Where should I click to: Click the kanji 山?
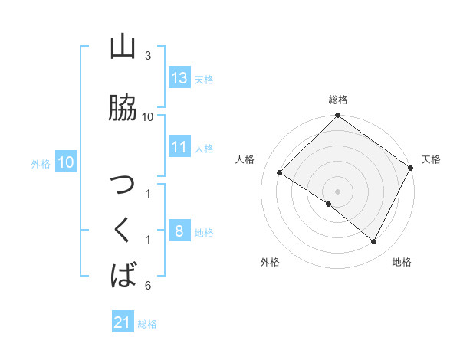tap(123, 47)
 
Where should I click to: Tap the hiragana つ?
tap(123, 186)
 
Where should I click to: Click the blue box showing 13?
tap(179, 78)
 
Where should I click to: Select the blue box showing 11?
tap(179, 148)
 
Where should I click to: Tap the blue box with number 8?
tap(179, 232)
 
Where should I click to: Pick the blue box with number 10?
tap(65, 162)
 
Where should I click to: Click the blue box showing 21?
tap(123, 323)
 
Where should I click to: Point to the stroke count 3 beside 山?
tap(148, 56)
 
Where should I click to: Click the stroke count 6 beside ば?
tap(148, 286)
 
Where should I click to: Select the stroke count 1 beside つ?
tap(148, 193)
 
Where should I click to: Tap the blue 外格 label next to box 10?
tap(41, 163)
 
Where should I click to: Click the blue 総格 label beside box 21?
tap(147, 324)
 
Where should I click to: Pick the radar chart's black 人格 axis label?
tap(245, 159)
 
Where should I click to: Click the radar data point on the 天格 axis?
tap(411, 169)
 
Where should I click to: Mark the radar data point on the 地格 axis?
tap(374, 242)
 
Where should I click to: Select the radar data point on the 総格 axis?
tap(337, 116)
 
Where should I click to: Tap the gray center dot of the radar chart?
tap(337, 191)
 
